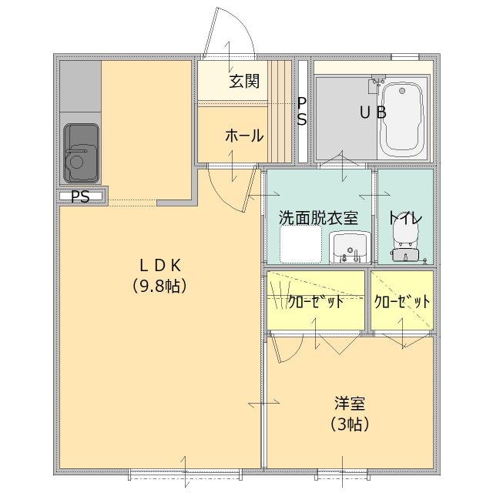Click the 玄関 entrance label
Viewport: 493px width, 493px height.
(243, 82)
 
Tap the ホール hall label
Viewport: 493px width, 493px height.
(244, 136)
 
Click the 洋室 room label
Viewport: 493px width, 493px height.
(349, 403)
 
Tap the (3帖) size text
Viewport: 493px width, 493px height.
(349, 424)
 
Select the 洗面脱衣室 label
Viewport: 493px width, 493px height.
(318, 218)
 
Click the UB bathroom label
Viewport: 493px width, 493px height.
(373, 113)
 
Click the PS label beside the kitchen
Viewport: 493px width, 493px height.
(80, 197)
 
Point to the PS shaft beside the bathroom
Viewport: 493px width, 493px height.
(303, 112)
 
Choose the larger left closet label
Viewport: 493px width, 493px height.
(316, 301)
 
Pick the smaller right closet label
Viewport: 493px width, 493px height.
(402, 301)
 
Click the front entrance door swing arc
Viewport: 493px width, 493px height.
(231, 35)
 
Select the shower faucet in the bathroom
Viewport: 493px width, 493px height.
(377, 81)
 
